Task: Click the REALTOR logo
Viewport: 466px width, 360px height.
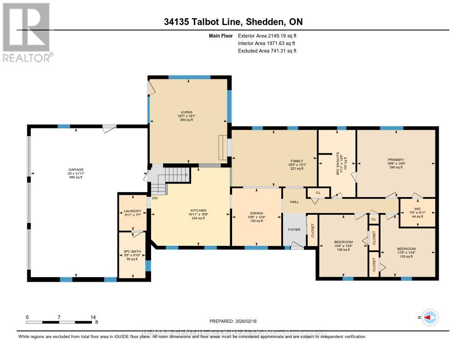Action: tap(26, 32)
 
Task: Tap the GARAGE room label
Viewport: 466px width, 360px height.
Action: tap(76, 170)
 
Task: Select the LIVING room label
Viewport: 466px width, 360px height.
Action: tap(187, 112)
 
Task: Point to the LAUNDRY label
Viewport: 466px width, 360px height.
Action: tap(132, 211)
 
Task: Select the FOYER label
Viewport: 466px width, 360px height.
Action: tap(294, 229)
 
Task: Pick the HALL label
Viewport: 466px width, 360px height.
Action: tap(294, 201)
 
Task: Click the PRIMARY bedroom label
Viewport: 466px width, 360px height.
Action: tap(396, 160)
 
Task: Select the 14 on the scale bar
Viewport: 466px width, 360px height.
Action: tap(93, 317)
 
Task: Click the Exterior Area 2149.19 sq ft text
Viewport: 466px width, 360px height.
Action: tap(267, 35)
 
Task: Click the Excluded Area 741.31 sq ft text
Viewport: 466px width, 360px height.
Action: tap(267, 51)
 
